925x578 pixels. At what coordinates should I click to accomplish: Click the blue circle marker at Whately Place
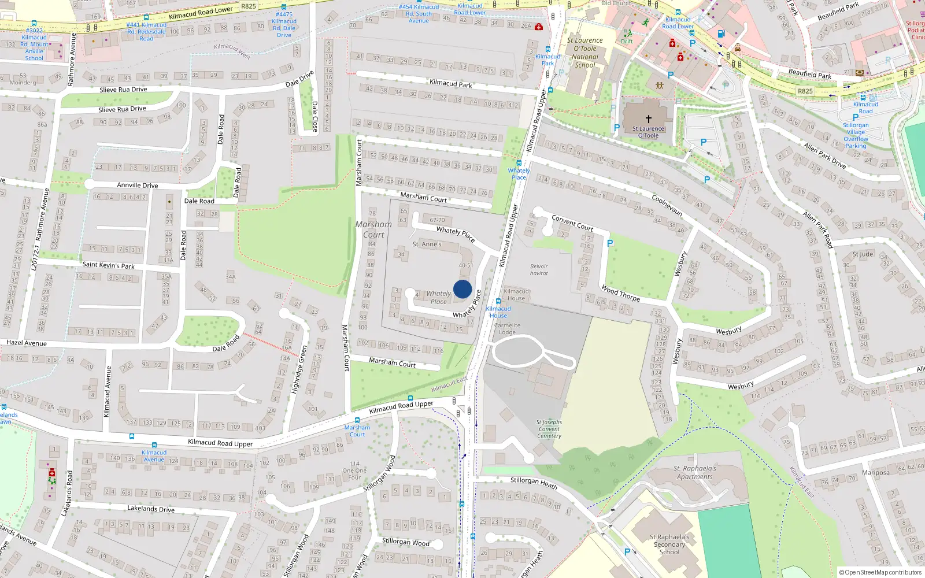(462, 289)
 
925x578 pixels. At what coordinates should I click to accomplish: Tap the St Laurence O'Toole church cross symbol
(649, 118)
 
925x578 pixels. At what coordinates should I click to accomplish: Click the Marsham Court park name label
(373, 229)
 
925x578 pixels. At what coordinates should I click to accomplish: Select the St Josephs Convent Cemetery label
(549, 429)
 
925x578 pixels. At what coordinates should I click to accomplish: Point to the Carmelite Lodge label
(507, 328)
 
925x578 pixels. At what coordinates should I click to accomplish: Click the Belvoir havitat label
(539, 270)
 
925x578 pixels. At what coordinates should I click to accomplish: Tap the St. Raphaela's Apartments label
(694, 472)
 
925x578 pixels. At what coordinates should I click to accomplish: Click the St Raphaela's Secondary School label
(669, 544)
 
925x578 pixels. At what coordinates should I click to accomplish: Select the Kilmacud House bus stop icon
(498, 301)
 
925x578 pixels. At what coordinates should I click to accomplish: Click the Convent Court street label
(572, 223)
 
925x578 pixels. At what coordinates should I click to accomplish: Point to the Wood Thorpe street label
(620, 293)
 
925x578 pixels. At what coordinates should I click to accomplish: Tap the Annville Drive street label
(138, 185)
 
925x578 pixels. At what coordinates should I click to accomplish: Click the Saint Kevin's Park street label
(108, 265)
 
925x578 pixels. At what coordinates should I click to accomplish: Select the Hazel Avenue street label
(27, 343)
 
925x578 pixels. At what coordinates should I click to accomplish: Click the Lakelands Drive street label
(150, 509)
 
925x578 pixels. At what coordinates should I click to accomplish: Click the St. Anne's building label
(427, 244)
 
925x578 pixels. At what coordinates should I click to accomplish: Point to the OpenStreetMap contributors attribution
(880, 572)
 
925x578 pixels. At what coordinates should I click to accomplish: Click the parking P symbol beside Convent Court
(610, 243)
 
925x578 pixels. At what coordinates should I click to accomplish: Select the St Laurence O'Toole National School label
(584, 53)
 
